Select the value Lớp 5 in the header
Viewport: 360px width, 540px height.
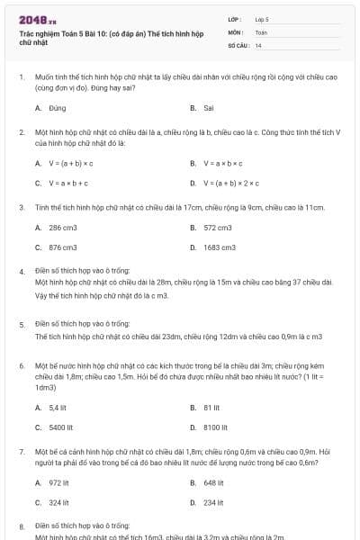click(x=262, y=18)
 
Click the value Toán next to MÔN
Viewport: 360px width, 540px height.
click(x=261, y=31)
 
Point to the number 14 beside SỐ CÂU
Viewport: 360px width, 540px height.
click(x=258, y=44)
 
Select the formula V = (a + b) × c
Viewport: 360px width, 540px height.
click(x=71, y=163)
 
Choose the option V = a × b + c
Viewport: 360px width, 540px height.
click(x=67, y=183)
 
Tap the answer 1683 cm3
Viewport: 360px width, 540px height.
click(x=220, y=247)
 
